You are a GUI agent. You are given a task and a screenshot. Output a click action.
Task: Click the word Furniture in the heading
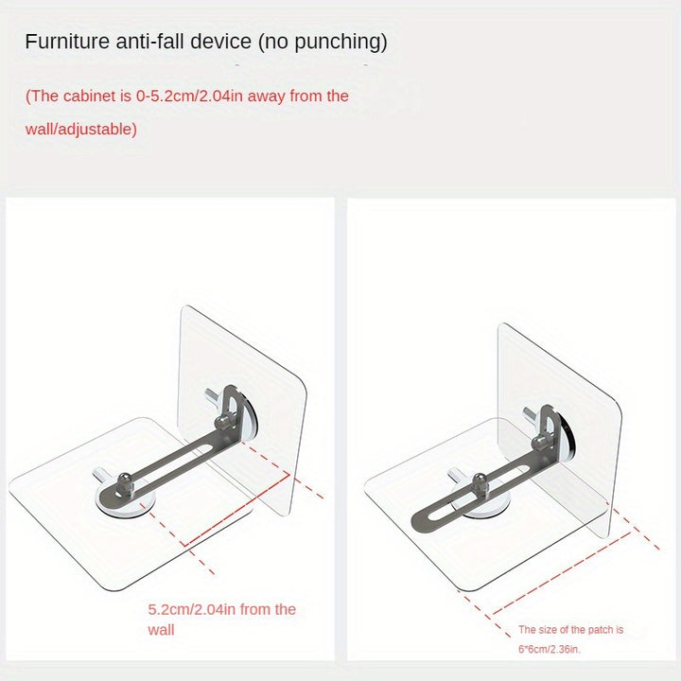pyautogui.click(x=67, y=42)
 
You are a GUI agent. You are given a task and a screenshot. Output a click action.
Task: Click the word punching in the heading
pyautogui.click(x=340, y=43)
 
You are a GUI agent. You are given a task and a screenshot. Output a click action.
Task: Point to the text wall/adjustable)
pyautogui.click(x=81, y=130)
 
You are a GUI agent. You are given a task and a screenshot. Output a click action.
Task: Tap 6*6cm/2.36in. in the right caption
pyautogui.click(x=549, y=649)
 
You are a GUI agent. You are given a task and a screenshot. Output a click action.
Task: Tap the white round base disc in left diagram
pyautogui.click(x=125, y=506)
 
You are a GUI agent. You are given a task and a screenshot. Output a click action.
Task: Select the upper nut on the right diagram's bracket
pyautogui.click(x=539, y=443)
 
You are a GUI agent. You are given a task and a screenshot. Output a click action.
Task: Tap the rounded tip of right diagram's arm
pyautogui.click(x=419, y=520)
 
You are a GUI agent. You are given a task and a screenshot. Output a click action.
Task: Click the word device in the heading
pyautogui.click(x=221, y=42)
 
